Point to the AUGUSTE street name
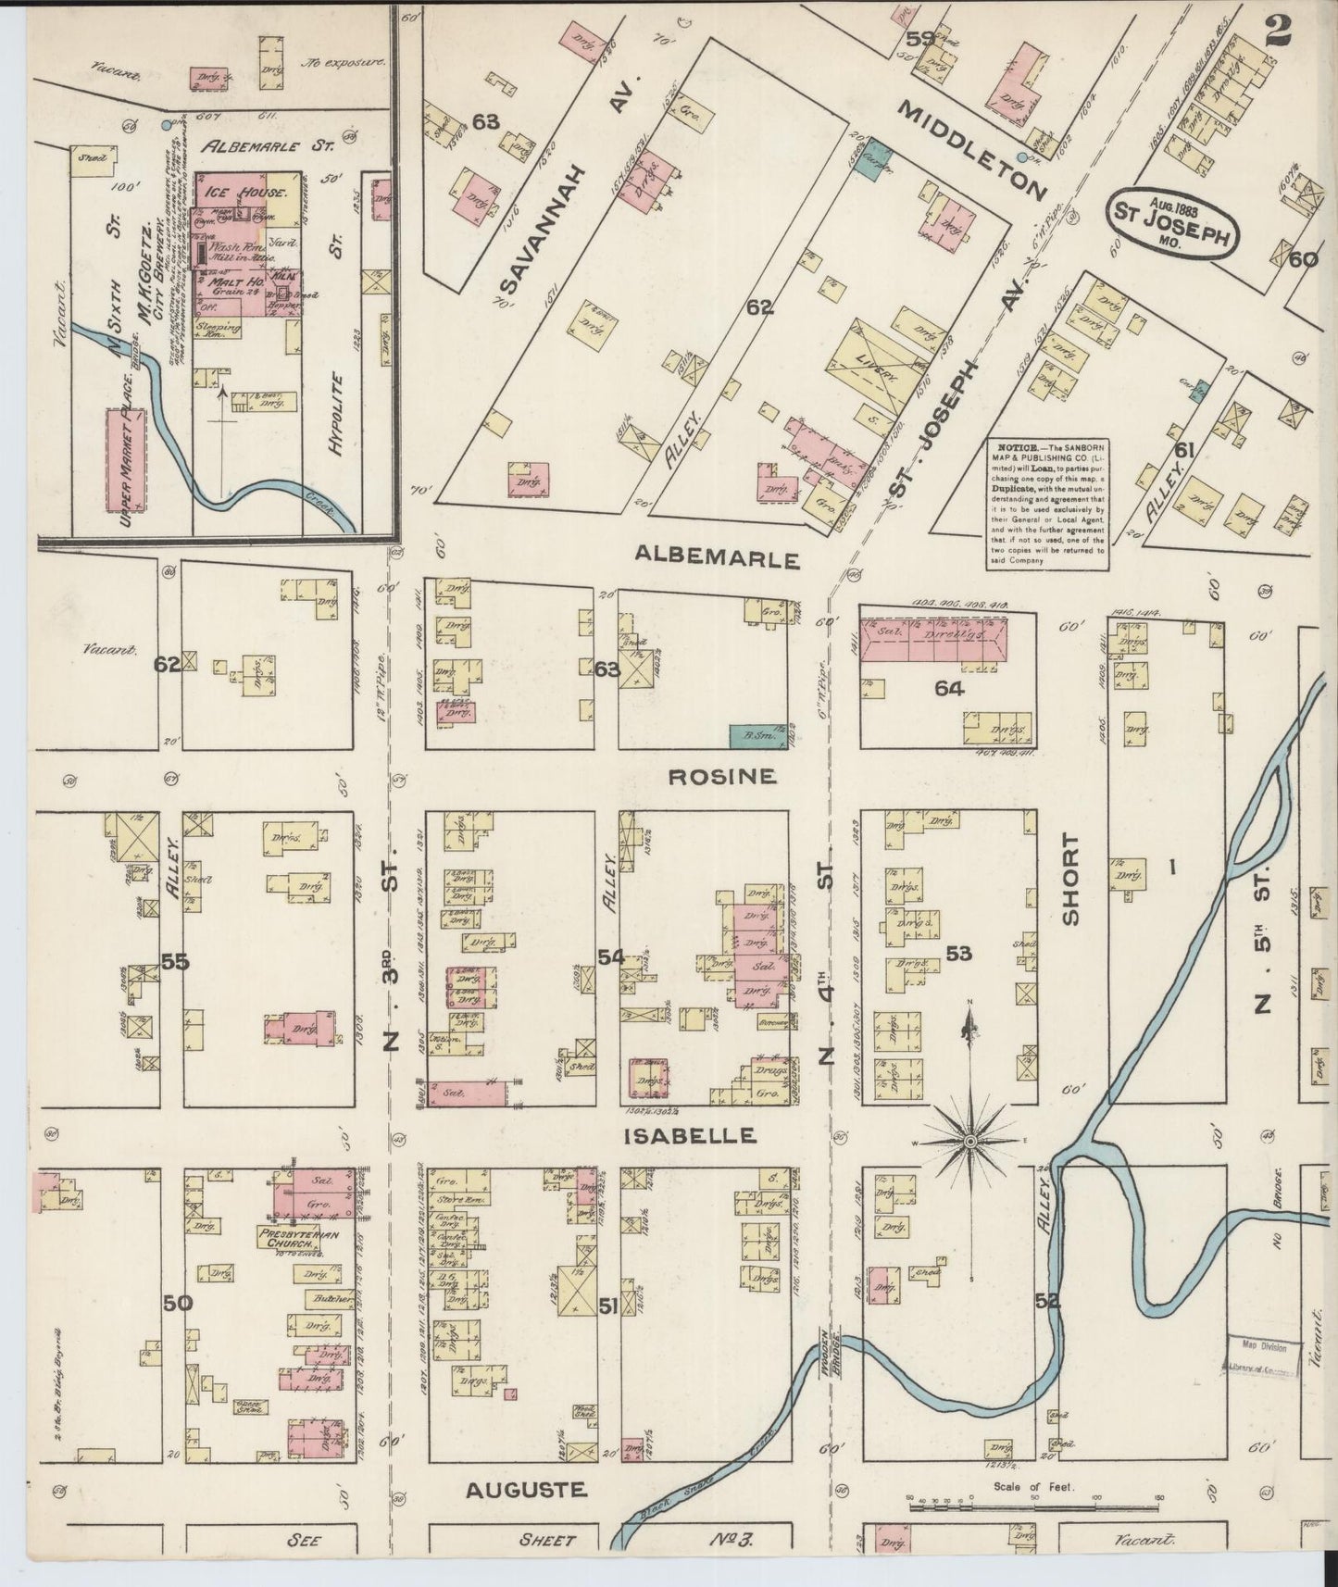[526, 1490]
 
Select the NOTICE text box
[1045, 502]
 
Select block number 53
[958, 953]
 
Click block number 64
[950, 688]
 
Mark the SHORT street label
[1071, 879]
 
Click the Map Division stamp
[1265, 1351]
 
